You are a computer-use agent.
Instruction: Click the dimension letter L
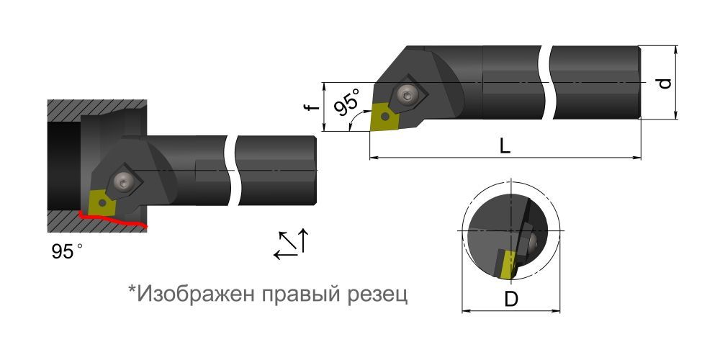pyautogui.click(x=505, y=145)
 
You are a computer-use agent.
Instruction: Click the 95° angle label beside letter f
pyautogui.click(x=347, y=106)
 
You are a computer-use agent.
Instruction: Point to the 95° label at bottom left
pyautogui.click(x=66, y=252)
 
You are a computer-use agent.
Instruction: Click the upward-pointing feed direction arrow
pyautogui.click(x=304, y=240)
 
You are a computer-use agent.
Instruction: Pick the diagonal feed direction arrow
pyautogui.click(x=287, y=241)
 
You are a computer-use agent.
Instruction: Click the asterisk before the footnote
pyautogui.click(x=132, y=290)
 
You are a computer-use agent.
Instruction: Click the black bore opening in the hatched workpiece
pyautogui.click(x=63, y=166)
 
